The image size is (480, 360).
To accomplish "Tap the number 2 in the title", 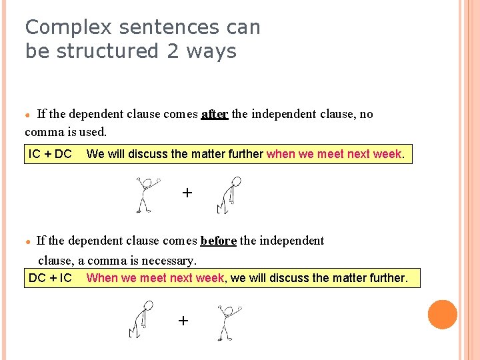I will (x=174, y=51).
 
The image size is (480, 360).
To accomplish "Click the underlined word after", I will (x=215, y=114).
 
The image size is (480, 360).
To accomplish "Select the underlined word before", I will (x=218, y=241).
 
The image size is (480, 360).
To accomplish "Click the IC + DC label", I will (x=50, y=154).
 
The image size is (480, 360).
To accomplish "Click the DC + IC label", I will (x=50, y=277).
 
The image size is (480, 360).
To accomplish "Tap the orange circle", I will (x=443, y=315).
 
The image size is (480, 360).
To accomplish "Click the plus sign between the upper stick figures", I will (x=187, y=193).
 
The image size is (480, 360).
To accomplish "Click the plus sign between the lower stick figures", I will (x=183, y=321).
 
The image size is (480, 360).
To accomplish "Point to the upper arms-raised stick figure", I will (x=145, y=194).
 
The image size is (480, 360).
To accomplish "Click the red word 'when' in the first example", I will (x=281, y=154).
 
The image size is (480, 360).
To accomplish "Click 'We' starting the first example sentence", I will (x=95, y=154).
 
